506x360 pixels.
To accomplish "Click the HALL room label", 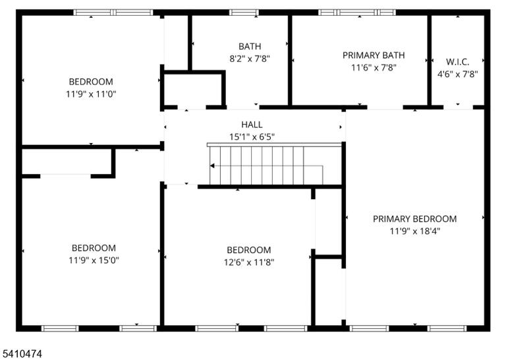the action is (x=252, y=125).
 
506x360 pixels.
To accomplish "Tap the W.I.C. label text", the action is (x=458, y=62).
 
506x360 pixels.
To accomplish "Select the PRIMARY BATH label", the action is (x=374, y=55).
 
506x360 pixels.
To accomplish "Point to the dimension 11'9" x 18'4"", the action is (x=414, y=231).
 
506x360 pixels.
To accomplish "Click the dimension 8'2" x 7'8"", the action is (x=250, y=59).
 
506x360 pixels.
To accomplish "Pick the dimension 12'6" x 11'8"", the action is (x=249, y=262).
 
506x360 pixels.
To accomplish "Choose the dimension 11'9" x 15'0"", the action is (x=94, y=260).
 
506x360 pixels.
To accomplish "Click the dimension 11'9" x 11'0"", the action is (x=91, y=94).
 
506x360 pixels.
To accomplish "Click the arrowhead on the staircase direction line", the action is (x=212, y=165).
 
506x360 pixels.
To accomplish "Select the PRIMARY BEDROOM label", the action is (x=414, y=219).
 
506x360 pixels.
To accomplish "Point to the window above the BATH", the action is (x=244, y=13).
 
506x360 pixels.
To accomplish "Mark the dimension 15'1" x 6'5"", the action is (x=252, y=137).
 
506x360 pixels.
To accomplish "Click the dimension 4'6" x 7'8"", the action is (x=458, y=75).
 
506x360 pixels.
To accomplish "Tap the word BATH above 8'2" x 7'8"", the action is (x=250, y=46).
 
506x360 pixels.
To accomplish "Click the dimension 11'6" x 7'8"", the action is (x=374, y=67).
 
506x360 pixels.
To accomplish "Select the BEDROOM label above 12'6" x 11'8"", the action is (x=249, y=250).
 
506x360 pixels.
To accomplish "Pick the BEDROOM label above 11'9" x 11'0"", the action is (x=91, y=81).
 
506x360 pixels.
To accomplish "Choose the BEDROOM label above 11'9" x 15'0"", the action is (x=94, y=248).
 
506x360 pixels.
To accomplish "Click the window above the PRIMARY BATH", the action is (x=357, y=13).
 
